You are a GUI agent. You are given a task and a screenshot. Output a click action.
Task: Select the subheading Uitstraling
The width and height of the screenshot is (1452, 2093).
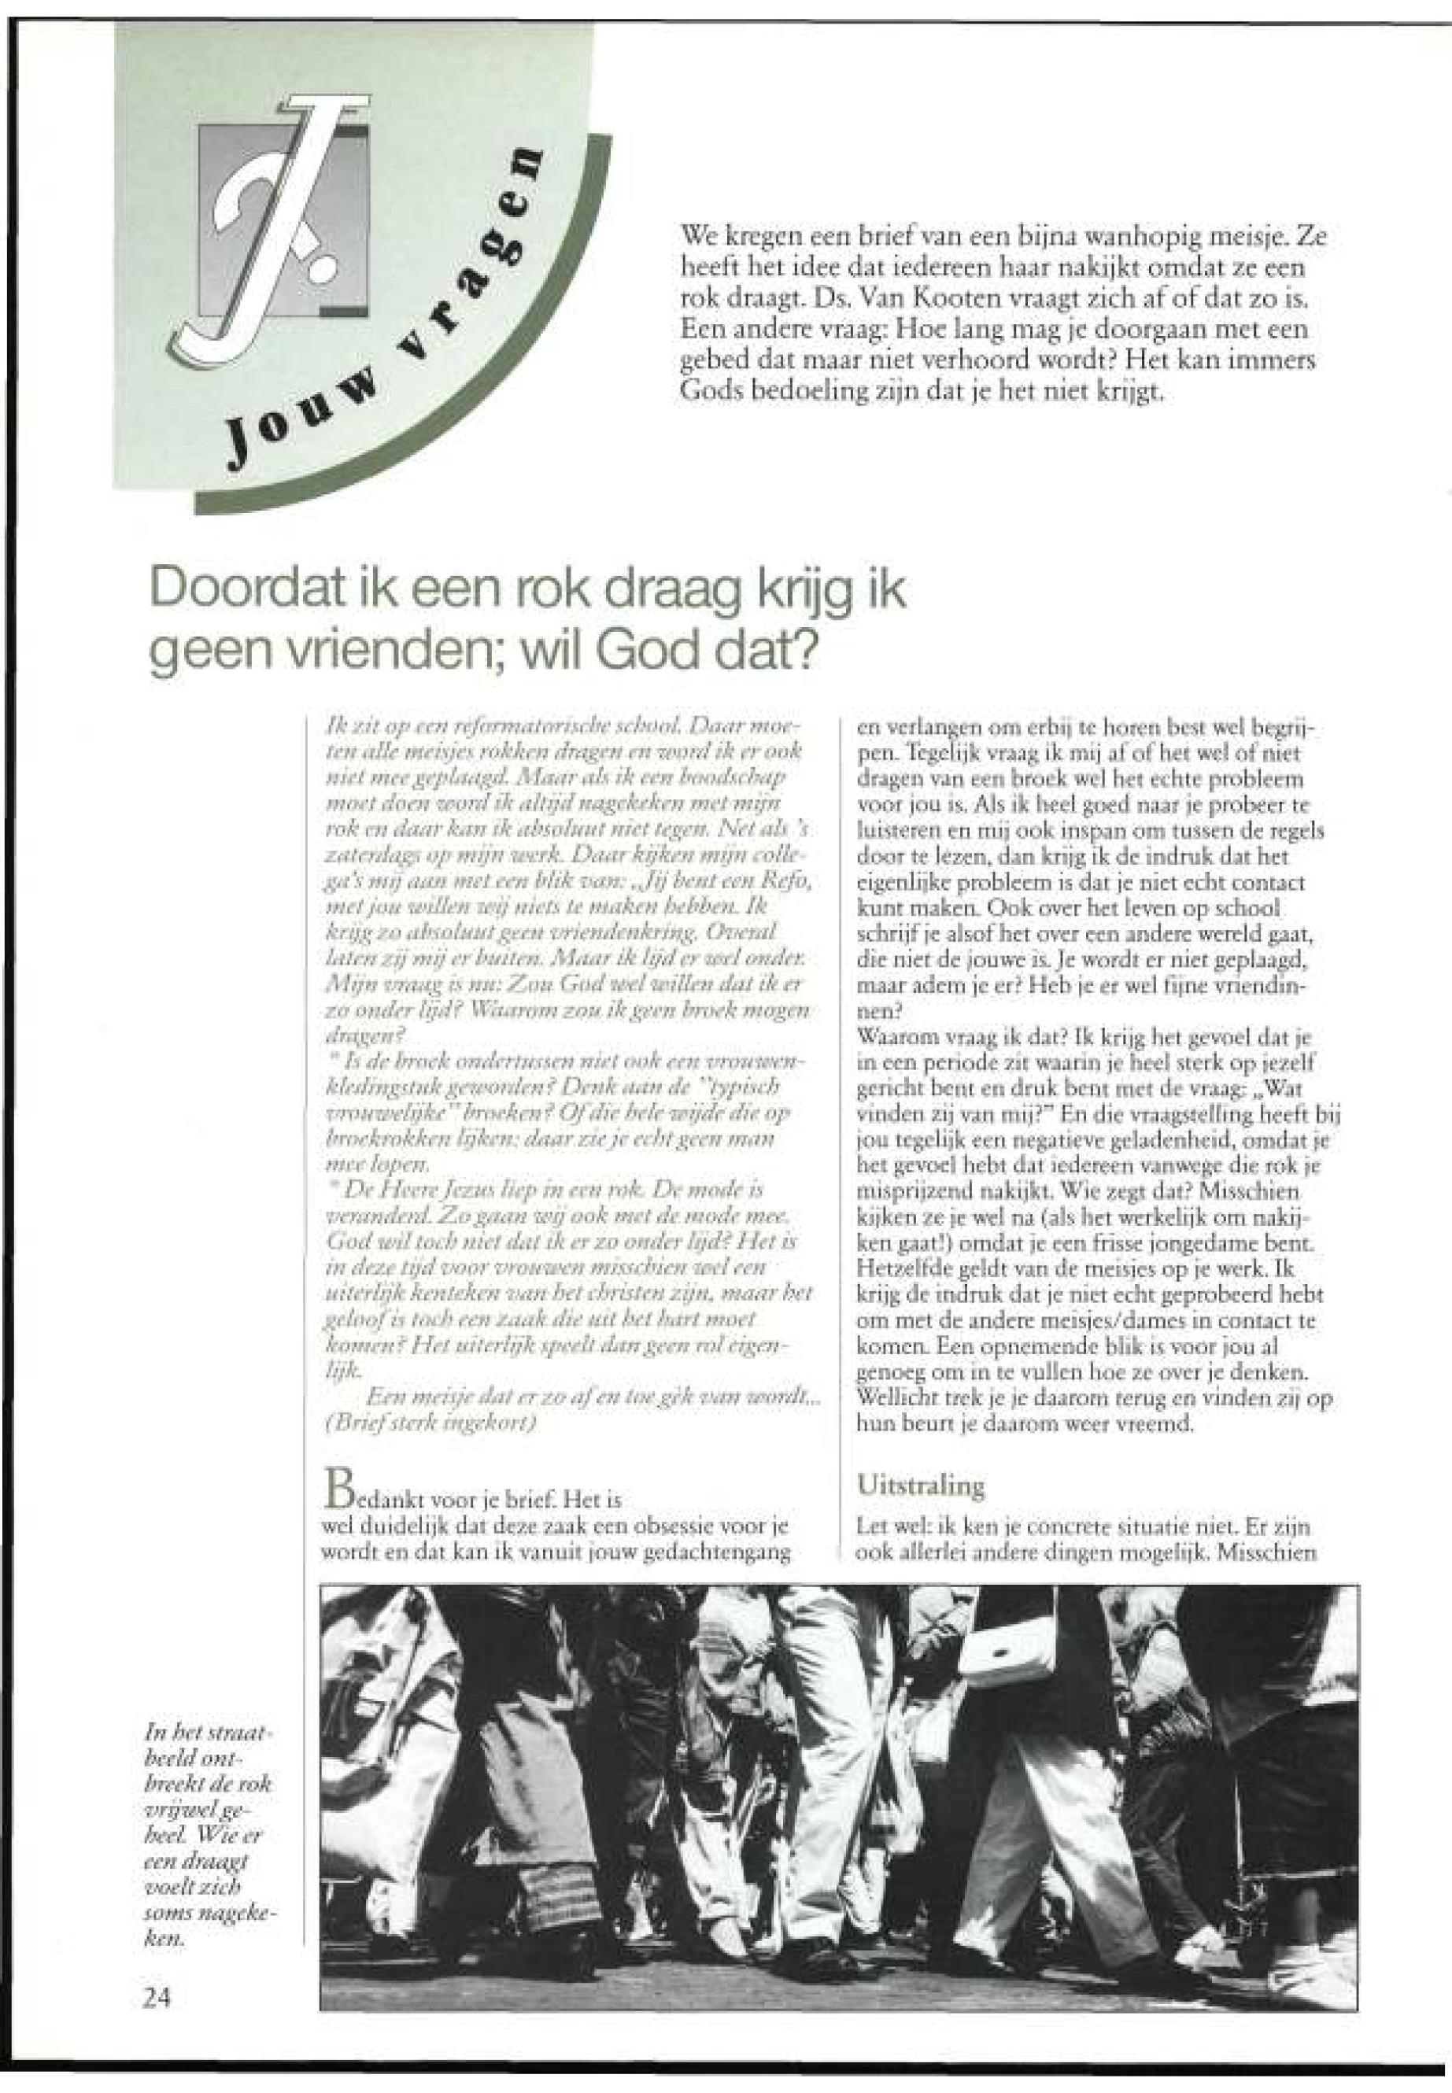[920, 1486]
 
